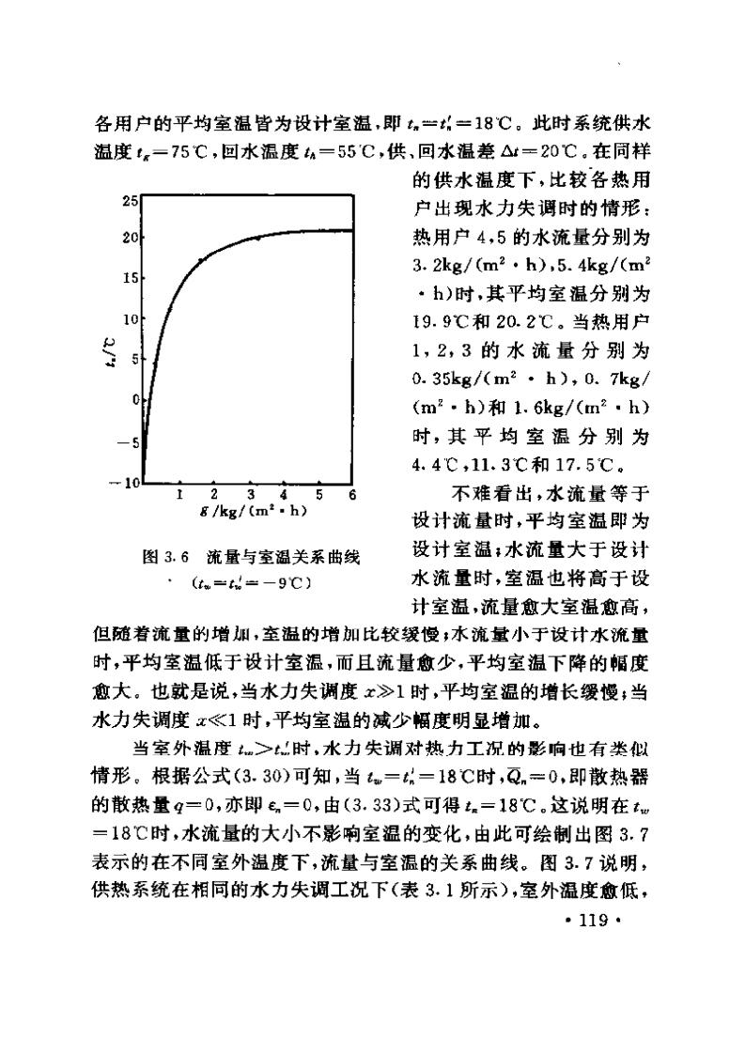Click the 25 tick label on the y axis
click(x=132, y=201)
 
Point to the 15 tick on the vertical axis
click(x=132, y=279)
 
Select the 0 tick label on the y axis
click(x=135, y=399)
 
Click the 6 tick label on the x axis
click(x=352, y=495)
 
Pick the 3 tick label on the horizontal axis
click(x=251, y=495)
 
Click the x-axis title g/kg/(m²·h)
click(x=255, y=512)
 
